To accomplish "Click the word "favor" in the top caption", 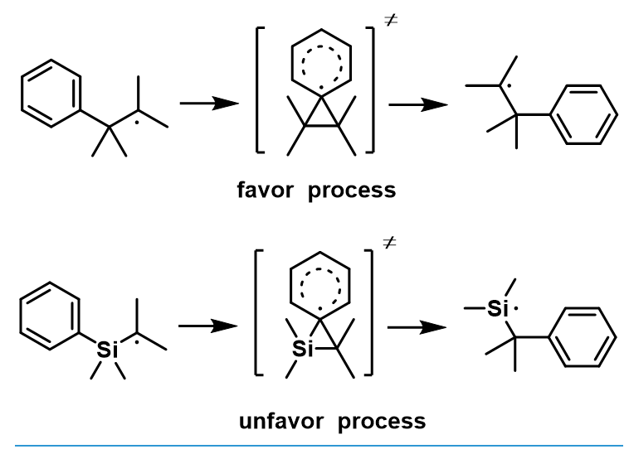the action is tap(266, 190).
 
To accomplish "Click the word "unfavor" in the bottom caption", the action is tap(281, 422).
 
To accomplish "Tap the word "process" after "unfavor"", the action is tap(382, 423).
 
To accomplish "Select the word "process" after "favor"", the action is tap(352, 191).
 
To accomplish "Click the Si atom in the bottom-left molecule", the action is tap(107, 350).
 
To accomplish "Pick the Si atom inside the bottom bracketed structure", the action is tap(303, 349).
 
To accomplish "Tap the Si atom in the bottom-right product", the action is tap(498, 309).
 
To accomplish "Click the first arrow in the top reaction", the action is tap(209, 104).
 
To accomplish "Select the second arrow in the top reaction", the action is tap(418, 105).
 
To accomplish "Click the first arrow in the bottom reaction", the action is tap(207, 326).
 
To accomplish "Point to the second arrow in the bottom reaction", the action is tap(417, 327).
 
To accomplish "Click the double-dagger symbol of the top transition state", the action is tap(391, 20).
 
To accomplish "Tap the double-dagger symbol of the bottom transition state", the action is tap(389, 242).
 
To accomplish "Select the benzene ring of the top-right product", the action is tap(550, 114).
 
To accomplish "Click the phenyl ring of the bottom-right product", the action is tap(549, 337).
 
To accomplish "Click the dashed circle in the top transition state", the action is tap(302, 64).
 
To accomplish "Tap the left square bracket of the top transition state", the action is tap(257, 90).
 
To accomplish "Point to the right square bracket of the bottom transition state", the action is tap(372, 312).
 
